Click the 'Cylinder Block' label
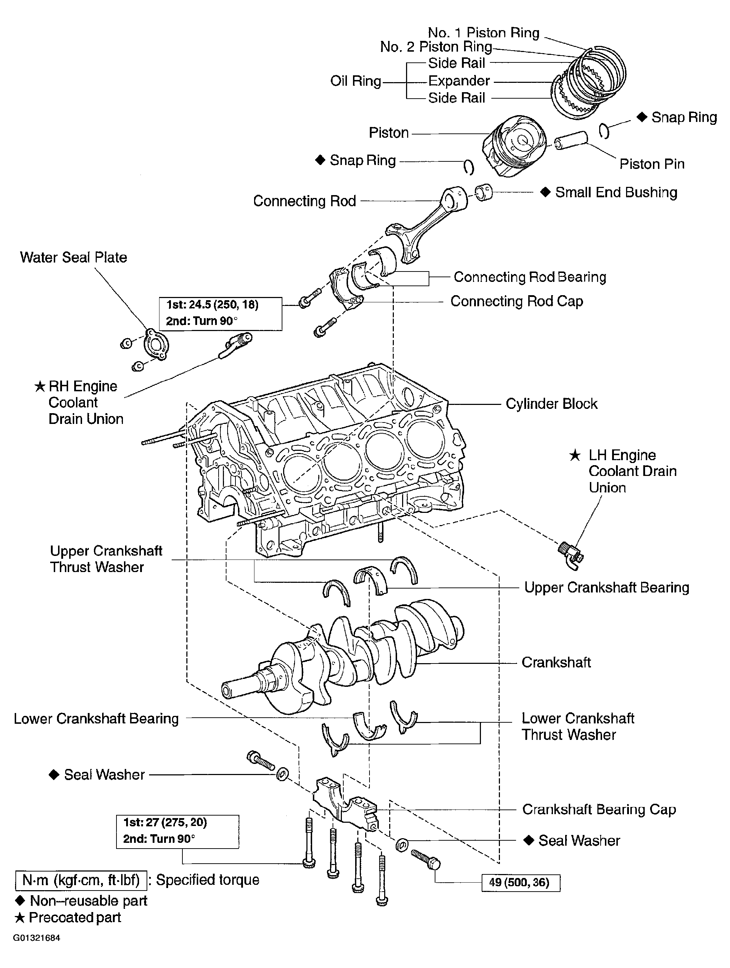[551, 403]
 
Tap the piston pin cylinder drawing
[571, 140]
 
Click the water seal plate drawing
[156, 344]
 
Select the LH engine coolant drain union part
[571, 555]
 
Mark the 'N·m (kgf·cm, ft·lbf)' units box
[81, 880]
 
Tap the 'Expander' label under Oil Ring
[459, 81]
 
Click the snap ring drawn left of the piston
[468, 167]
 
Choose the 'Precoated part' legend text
[74, 917]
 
